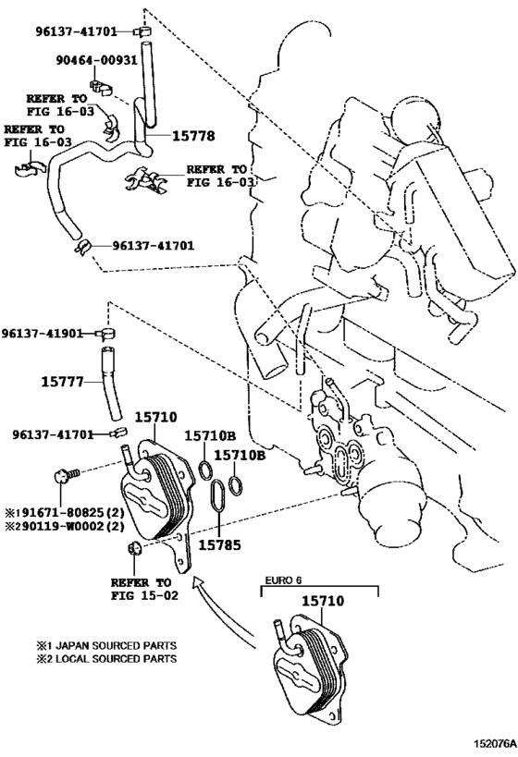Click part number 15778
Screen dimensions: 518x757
(193, 136)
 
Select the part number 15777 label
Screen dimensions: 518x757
(62, 383)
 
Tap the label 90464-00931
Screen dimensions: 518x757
(96, 60)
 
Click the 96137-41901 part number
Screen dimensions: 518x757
(42, 334)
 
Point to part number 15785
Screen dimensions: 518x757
(220, 545)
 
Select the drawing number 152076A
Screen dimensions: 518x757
(493, 748)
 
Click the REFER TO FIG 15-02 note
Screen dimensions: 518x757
(144, 589)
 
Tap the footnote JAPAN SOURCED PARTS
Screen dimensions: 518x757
(106, 645)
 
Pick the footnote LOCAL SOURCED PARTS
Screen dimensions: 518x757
(106, 659)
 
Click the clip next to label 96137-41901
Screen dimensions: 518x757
(107, 334)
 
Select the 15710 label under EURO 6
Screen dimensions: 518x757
(323, 601)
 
